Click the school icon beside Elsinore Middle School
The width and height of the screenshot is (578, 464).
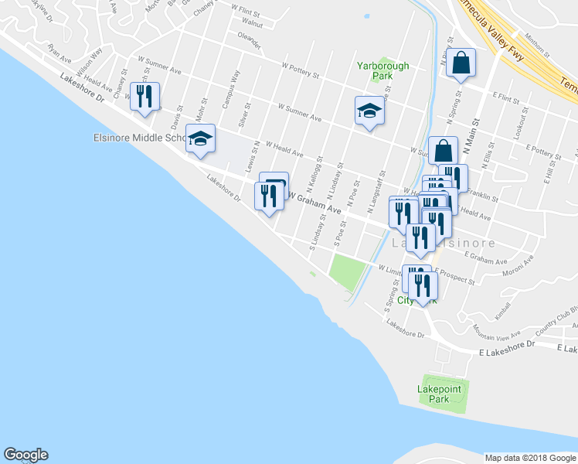pos(201,140)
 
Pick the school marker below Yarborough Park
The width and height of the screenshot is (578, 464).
pos(369,111)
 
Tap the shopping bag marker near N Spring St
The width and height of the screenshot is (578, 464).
pos(461,64)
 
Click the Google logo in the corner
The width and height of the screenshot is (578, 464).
pos(25,455)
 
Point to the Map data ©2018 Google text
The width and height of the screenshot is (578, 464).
pos(529,458)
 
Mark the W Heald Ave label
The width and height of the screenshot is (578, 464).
pos(285,148)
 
